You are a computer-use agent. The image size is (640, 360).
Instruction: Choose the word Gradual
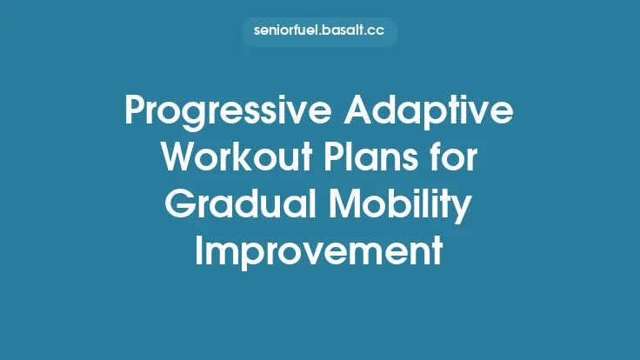pos(242,207)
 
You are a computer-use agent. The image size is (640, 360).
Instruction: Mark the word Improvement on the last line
pos(319,252)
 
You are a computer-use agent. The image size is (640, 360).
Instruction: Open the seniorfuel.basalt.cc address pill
pos(319,33)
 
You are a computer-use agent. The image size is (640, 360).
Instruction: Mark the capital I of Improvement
pos(200,252)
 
